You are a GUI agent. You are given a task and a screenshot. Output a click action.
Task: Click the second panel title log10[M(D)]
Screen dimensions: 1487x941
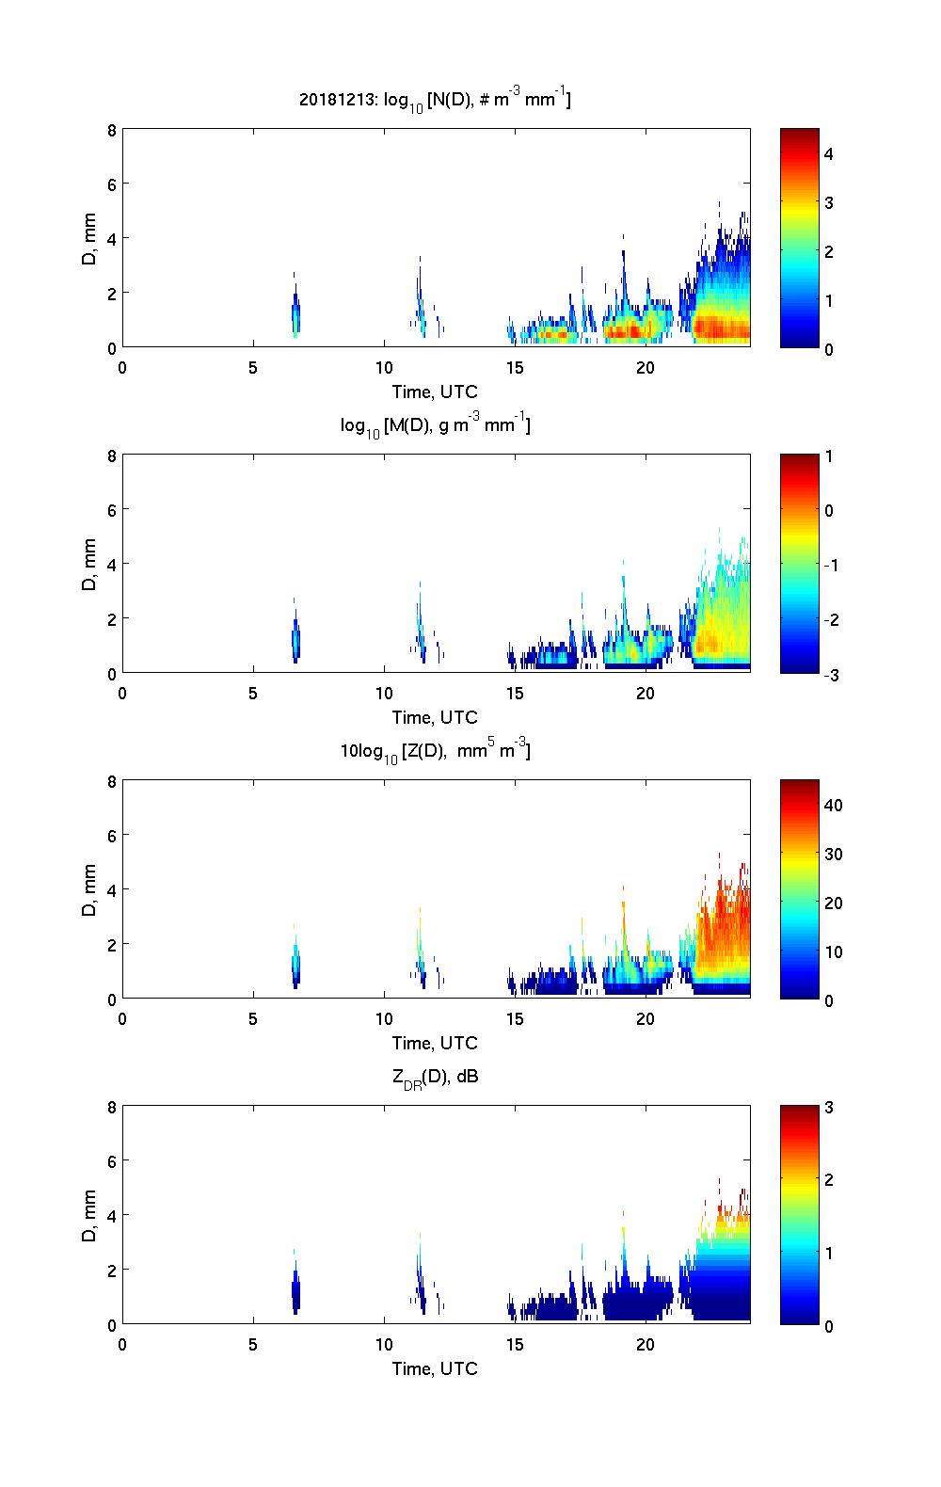point(435,426)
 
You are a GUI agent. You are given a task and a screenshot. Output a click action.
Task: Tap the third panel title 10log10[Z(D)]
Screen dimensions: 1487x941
point(435,752)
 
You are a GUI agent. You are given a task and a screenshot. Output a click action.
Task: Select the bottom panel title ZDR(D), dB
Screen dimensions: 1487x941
point(435,1078)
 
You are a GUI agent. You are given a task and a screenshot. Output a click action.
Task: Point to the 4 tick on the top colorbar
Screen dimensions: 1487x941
point(829,152)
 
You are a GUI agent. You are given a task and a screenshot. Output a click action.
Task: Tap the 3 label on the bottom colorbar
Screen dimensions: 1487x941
point(829,1108)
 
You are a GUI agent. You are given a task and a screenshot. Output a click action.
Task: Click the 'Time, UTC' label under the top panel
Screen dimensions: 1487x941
point(435,392)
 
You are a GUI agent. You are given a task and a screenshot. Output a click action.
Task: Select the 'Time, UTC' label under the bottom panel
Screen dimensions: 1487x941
point(435,1368)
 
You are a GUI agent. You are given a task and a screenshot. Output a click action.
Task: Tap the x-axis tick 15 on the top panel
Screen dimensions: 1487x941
point(515,367)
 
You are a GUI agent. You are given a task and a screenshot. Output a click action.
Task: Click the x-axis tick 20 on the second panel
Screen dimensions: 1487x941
point(646,693)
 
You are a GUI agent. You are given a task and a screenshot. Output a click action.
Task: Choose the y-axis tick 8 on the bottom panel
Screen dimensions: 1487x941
point(111,1108)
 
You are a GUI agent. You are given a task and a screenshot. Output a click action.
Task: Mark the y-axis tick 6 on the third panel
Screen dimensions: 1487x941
point(111,836)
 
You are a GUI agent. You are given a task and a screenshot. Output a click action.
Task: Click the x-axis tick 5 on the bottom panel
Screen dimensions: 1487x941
point(253,1344)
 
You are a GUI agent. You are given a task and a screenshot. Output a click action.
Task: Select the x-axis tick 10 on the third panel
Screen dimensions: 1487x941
point(384,1018)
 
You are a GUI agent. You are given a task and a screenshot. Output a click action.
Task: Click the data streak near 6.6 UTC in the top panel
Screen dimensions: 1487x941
point(295,315)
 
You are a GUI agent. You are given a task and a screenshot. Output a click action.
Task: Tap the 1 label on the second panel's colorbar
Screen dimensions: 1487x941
point(829,456)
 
